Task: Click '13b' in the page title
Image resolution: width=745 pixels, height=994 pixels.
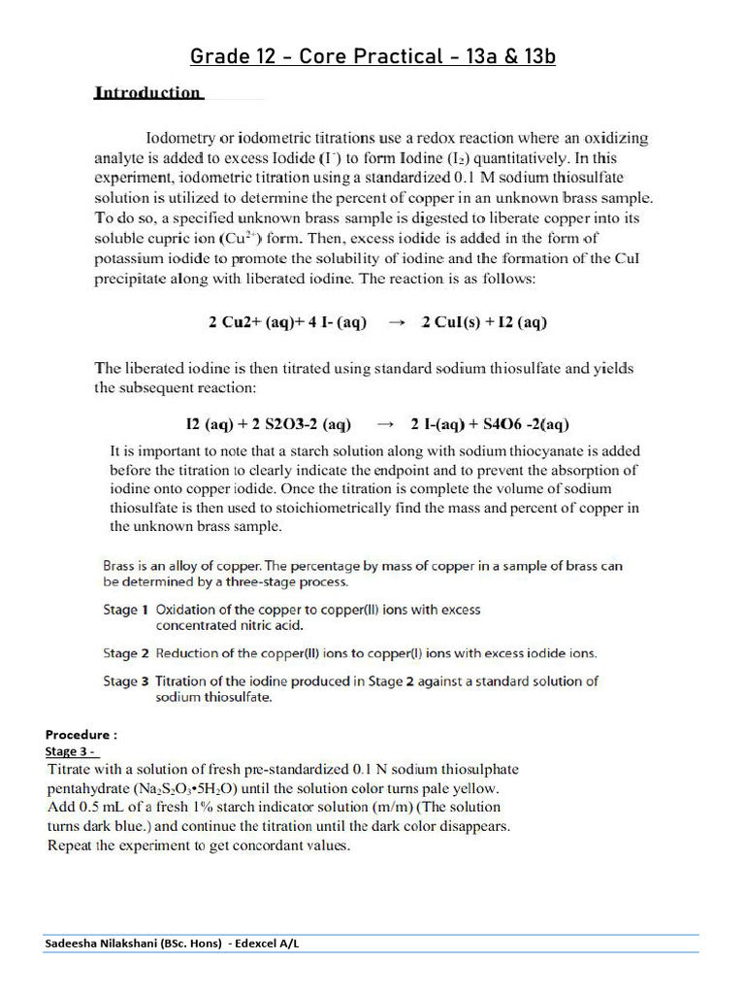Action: coord(535,56)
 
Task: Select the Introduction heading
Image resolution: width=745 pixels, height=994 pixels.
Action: coord(147,93)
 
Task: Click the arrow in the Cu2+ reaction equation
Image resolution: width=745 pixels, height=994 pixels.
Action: coord(395,323)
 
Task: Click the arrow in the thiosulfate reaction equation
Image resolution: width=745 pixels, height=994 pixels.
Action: coord(385,424)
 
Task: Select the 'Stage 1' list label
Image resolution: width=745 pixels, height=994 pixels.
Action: coord(125,610)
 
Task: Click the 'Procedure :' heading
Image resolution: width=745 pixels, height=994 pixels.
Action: coord(81,735)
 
